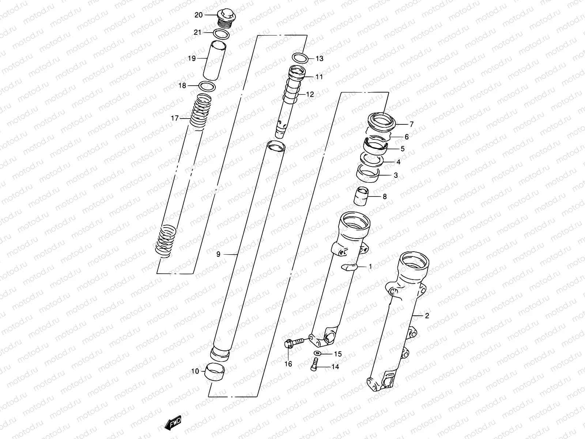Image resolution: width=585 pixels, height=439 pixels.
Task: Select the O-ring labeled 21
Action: click(221, 35)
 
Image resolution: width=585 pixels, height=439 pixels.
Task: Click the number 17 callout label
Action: click(175, 118)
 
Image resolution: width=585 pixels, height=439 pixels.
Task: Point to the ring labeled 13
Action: click(300, 57)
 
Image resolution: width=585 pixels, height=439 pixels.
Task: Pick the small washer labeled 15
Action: click(317, 353)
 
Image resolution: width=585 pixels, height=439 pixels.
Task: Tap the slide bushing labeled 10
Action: click(215, 372)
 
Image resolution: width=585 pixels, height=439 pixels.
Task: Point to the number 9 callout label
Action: click(218, 254)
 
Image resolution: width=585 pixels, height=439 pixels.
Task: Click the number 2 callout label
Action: click(427, 316)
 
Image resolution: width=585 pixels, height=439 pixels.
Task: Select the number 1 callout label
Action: click(370, 267)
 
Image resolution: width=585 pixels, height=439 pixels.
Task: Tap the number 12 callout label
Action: click(310, 94)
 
